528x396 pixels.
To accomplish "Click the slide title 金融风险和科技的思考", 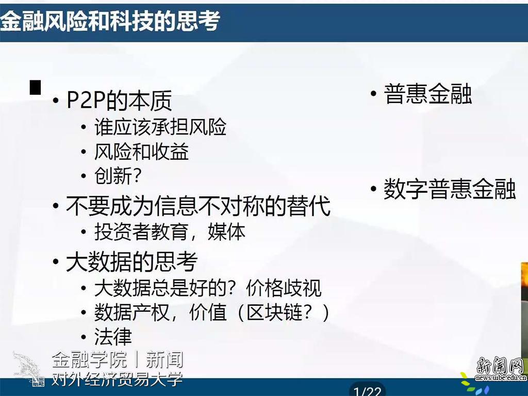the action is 110,21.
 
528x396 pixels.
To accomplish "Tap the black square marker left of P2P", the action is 36,87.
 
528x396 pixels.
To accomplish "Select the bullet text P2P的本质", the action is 119,101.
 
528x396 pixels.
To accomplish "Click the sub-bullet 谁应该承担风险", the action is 160,127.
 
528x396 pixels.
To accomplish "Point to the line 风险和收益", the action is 141,152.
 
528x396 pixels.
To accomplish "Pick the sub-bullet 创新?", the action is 118,176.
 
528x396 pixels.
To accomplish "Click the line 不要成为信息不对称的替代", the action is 198,206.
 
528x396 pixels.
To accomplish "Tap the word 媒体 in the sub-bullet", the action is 226,232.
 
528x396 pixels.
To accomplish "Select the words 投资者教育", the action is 141,232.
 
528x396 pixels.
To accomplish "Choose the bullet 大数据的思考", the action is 131,261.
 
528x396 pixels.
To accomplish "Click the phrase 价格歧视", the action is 284,288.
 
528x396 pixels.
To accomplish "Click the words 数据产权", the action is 131,312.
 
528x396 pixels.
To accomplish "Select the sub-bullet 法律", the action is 113,337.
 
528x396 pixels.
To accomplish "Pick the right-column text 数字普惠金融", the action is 450,189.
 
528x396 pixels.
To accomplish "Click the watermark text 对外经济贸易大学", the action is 117,379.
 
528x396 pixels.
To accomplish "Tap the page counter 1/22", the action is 367,391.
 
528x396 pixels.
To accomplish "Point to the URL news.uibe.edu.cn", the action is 501,377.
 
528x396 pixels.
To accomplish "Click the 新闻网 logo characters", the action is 500,366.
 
